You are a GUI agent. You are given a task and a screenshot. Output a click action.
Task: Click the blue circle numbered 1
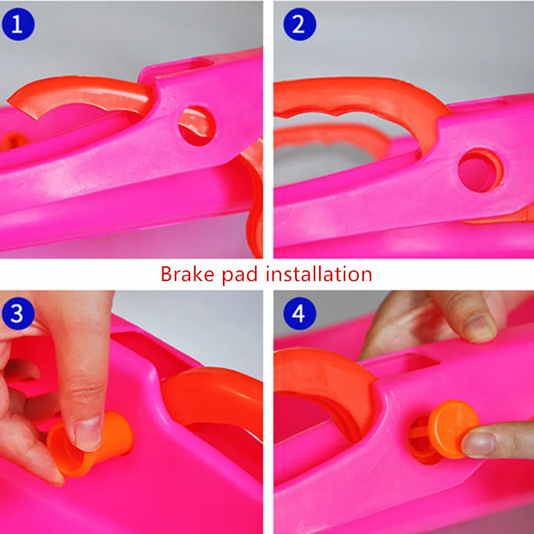click(18, 24)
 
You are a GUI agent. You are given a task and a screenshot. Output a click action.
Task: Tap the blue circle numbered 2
click(300, 24)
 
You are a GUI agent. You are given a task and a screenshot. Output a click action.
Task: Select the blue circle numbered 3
click(18, 313)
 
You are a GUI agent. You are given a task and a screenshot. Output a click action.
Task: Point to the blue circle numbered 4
click(300, 313)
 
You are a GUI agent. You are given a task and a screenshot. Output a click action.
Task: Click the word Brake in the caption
click(188, 274)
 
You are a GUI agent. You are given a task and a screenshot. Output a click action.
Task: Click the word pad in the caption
click(240, 275)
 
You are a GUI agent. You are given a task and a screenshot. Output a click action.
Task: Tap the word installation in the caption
click(319, 274)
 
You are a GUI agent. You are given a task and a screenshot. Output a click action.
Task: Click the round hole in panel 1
click(197, 126)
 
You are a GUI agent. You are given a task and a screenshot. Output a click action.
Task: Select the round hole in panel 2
click(480, 170)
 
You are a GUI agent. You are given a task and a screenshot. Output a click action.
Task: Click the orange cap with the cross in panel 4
click(453, 429)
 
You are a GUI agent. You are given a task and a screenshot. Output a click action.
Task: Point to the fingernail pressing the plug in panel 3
click(87, 433)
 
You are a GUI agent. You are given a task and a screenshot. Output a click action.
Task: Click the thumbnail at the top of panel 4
click(479, 328)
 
